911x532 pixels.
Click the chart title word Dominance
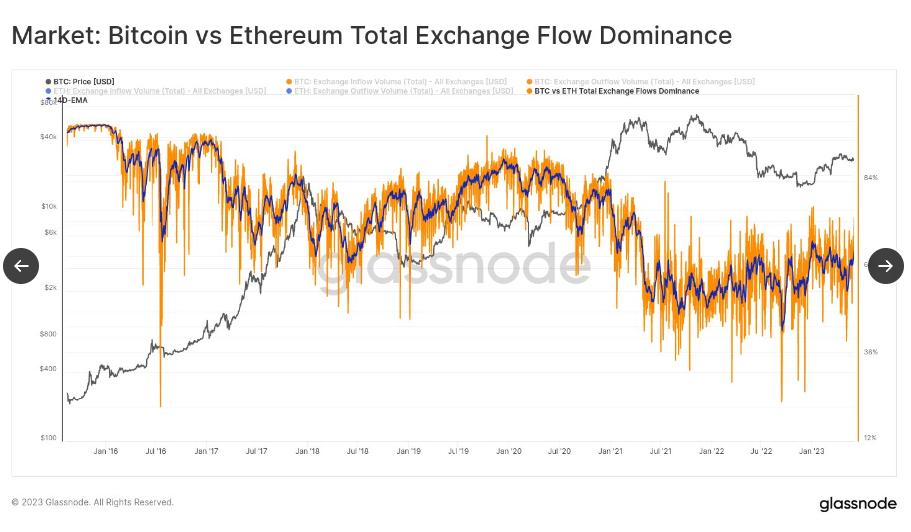[667, 36]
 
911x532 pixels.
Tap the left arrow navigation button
[21, 266]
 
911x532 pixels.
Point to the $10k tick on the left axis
[49, 207]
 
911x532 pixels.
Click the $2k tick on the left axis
[50, 288]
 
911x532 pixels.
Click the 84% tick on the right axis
[870, 178]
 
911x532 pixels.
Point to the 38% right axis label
[870, 352]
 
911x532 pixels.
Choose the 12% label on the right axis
[870, 438]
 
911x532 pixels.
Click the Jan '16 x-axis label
[106, 452]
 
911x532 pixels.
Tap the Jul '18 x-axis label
[358, 452]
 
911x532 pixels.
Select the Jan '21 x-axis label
[610, 452]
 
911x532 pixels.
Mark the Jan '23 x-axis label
[812, 452]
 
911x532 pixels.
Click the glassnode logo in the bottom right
[858, 504]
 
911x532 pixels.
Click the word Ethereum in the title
[287, 36]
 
